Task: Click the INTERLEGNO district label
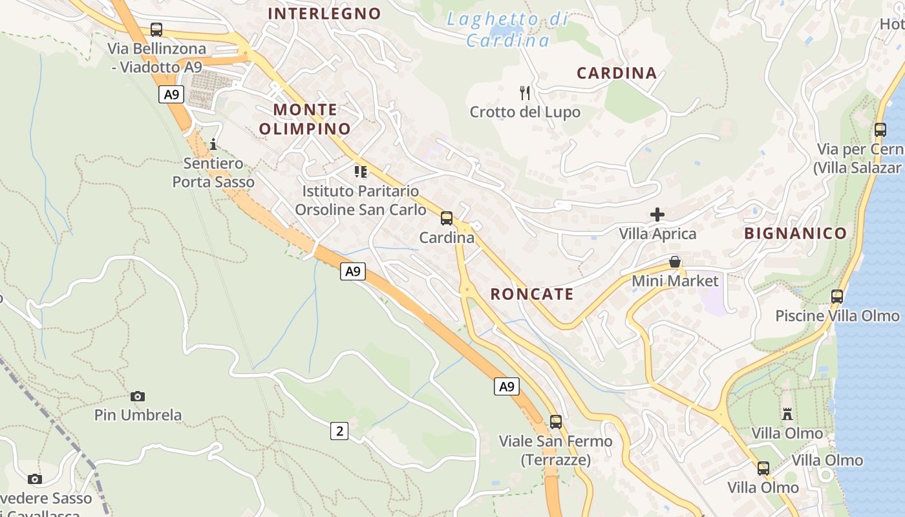click(x=325, y=14)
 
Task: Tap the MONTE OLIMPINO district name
click(x=304, y=119)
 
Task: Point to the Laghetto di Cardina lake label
click(x=507, y=30)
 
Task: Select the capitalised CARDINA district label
click(x=617, y=73)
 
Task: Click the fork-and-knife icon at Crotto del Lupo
click(x=525, y=93)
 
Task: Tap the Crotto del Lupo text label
click(x=525, y=112)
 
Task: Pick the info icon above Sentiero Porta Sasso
click(x=213, y=143)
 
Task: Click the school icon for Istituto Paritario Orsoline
click(x=360, y=172)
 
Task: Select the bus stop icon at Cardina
click(x=447, y=218)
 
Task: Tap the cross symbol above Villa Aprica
click(x=657, y=214)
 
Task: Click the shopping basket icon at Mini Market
click(x=675, y=262)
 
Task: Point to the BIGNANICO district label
click(x=795, y=233)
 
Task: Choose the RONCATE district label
click(x=532, y=294)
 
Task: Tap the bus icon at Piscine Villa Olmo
click(x=837, y=297)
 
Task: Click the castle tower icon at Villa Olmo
click(x=787, y=414)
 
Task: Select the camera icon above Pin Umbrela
click(x=138, y=396)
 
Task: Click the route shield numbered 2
click(x=339, y=431)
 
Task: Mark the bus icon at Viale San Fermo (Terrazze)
click(x=556, y=422)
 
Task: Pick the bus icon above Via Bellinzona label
click(x=156, y=30)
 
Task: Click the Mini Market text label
click(x=675, y=281)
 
